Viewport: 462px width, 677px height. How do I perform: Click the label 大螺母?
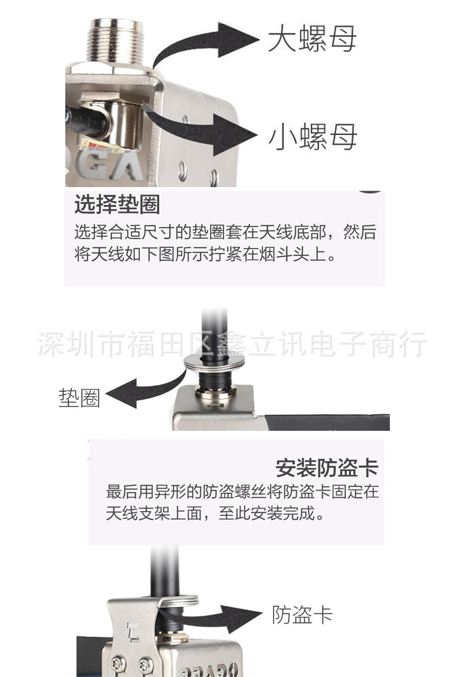tap(312, 38)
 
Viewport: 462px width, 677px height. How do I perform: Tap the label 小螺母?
tap(313, 137)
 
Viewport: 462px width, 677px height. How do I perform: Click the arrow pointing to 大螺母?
tap(203, 43)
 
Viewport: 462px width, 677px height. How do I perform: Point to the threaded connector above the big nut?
tap(115, 40)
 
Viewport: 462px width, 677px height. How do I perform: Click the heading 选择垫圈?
tap(117, 204)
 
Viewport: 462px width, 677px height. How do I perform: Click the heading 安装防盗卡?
tap(327, 468)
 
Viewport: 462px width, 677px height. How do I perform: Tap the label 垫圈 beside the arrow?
tap(79, 398)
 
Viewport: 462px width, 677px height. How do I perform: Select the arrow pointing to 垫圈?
tap(145, 388)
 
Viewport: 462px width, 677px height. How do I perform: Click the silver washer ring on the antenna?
tap(214, 363)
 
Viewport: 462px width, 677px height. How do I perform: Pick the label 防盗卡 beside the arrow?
tap(302, 614)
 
